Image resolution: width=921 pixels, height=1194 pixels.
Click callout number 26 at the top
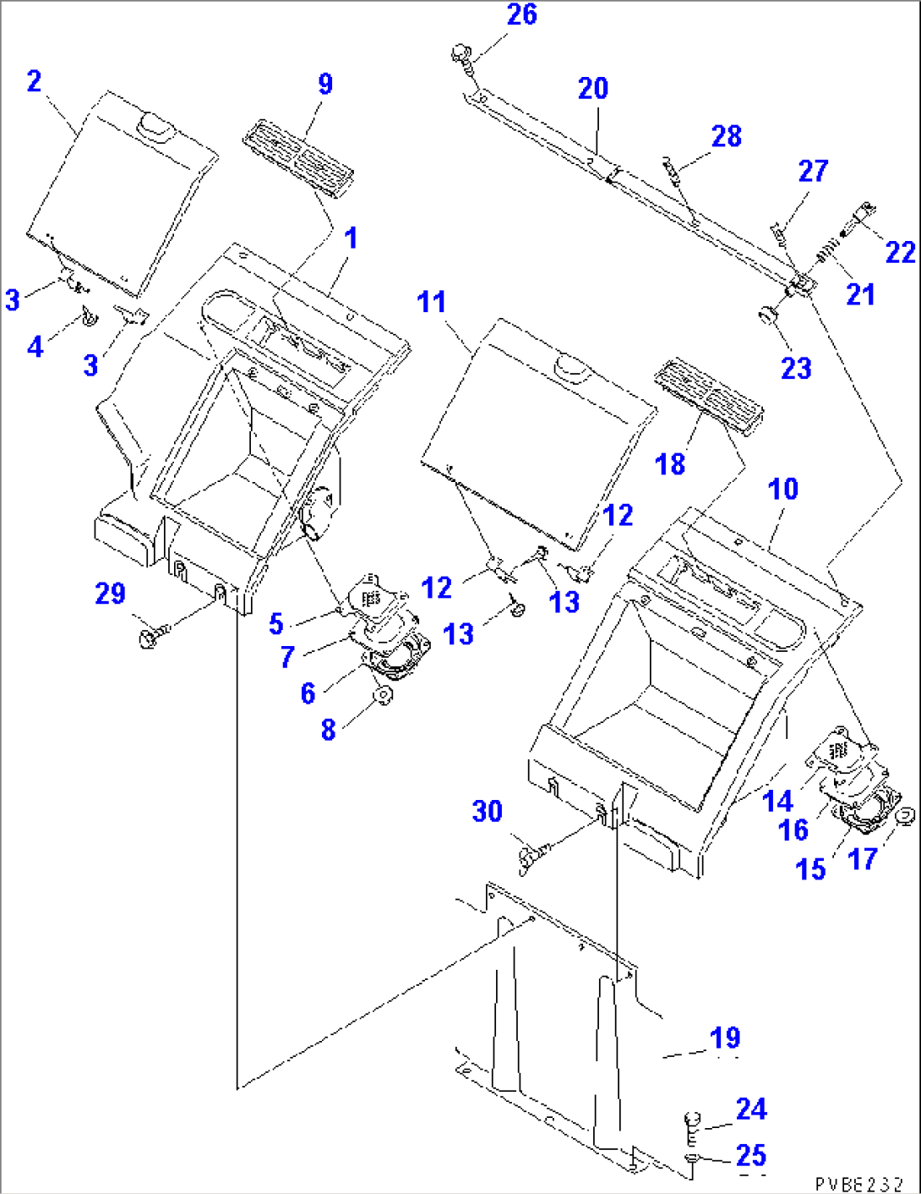point(521,14)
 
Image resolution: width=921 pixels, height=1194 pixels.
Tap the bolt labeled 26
point(460,55)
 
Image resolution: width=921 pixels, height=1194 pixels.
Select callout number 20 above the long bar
point(592,89)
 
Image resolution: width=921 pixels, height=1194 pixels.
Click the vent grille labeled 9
point(298,159)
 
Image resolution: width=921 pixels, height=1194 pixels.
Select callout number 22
point(899,253)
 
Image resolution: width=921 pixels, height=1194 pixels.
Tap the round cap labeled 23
point(768,315)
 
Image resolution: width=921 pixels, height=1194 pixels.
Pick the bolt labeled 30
point(531,856)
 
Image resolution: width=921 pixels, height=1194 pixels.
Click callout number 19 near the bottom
point(725,1038)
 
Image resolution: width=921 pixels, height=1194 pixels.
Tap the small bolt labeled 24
point(690,1123)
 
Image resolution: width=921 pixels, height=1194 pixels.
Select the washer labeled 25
point(690,1159)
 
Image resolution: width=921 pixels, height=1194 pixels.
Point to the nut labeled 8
point(384,697)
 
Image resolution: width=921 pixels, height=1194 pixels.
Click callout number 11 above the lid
point(431,303)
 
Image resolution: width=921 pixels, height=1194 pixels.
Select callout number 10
point(782,490)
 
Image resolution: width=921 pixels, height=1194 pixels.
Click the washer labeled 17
point(903,815)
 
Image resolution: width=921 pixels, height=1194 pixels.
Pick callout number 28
point(726,136)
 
